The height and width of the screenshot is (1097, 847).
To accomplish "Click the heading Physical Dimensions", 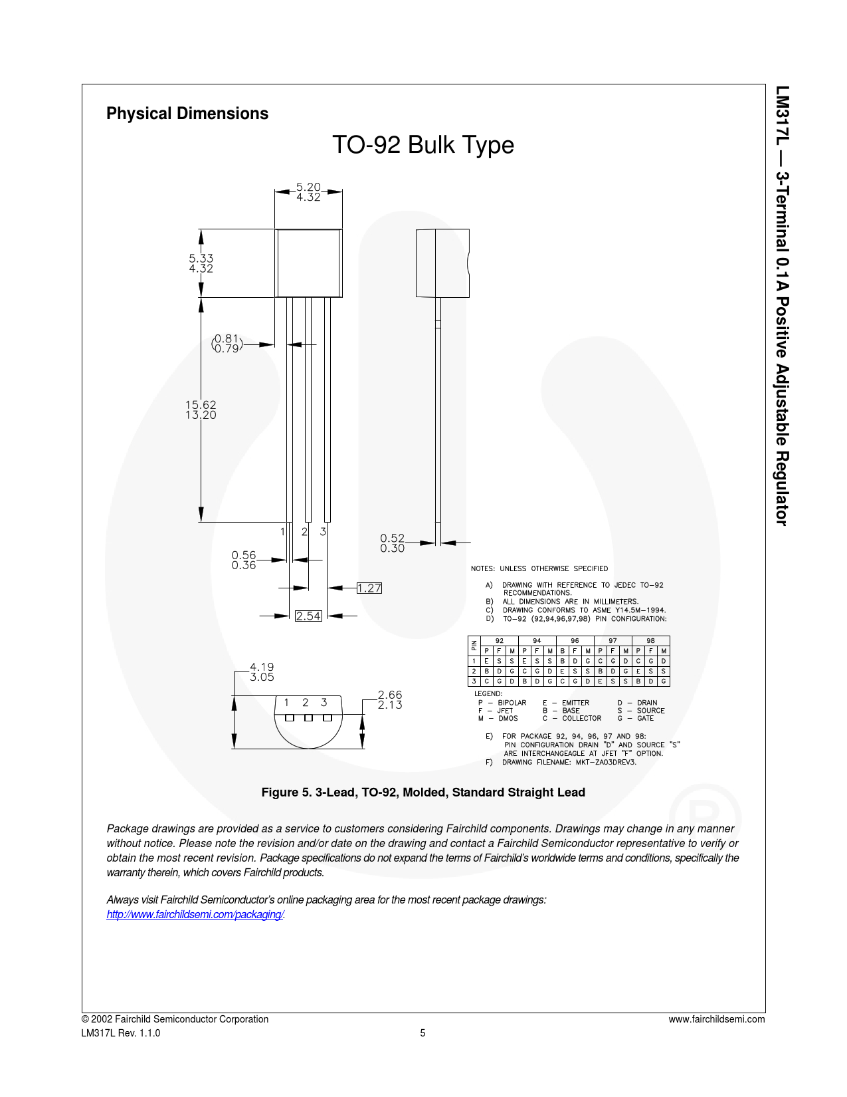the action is (x=187, y=113).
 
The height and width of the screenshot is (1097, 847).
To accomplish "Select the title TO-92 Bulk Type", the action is (x=423, y=145).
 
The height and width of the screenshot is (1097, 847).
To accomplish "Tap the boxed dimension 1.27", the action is (x=369, y=588).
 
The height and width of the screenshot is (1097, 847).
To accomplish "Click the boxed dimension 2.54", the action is (x=308, y=616).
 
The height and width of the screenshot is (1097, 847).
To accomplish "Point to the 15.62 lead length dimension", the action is (x=201, y=405).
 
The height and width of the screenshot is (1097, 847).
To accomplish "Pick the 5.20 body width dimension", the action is (x=308, y=187).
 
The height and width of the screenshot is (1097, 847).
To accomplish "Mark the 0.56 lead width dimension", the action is (x=244, y=555).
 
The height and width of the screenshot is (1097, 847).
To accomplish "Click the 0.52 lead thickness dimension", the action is (x=393, y=538).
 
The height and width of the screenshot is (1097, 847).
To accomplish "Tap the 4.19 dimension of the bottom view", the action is (x=262, y=668).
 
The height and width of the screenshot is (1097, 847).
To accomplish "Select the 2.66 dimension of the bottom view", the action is (x=390, y=695).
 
